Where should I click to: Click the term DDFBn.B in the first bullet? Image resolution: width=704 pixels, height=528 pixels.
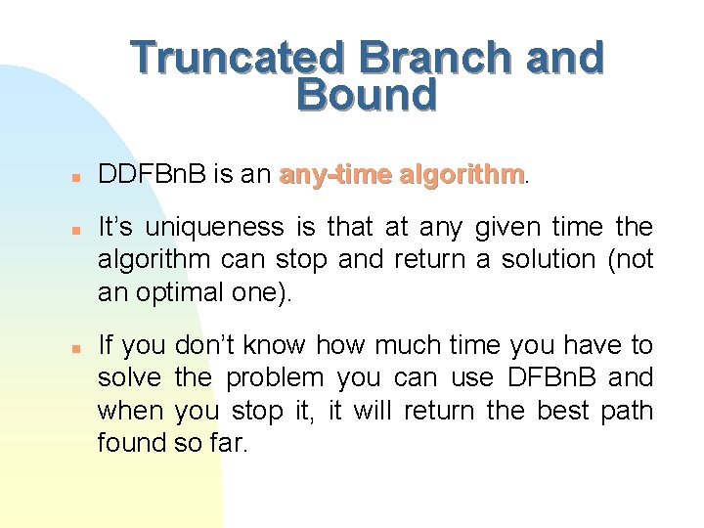pos(152,175)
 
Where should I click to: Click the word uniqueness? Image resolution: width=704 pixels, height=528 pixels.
pos(215,228)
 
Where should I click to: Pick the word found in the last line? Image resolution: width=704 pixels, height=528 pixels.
pos(132,442)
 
